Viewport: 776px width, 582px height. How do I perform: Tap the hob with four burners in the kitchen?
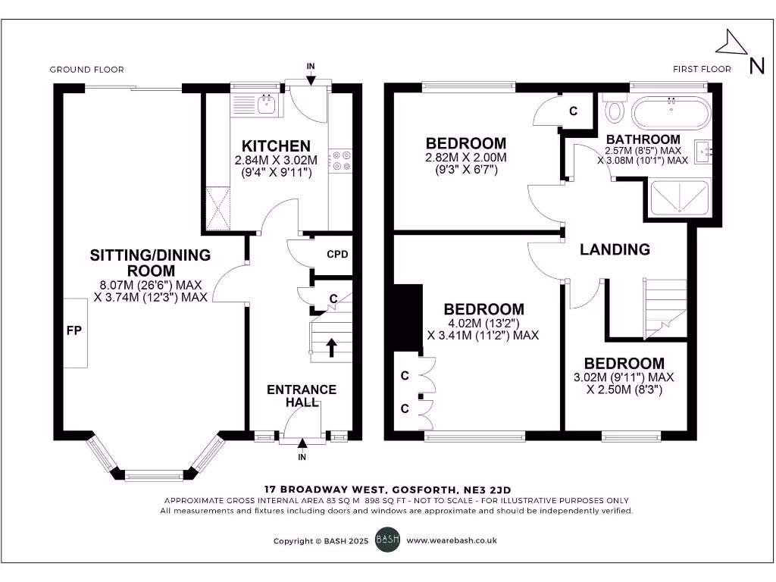click(x=340, y=161)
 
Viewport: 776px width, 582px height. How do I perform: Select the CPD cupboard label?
click(x=337, y=254)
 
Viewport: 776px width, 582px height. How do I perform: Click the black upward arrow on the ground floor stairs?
click(x=331, y=346)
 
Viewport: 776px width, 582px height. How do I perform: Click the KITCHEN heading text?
click(x=276, y=146)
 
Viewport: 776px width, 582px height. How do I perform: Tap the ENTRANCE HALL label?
click(x=301, y=396)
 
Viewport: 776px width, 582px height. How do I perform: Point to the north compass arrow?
click(x=733, y=42)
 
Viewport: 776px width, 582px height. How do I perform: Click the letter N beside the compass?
click(x=756, y=66)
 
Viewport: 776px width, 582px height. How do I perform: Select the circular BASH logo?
click(x=387, y=540)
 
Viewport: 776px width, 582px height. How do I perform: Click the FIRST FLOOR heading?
click(x=702, y=69)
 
